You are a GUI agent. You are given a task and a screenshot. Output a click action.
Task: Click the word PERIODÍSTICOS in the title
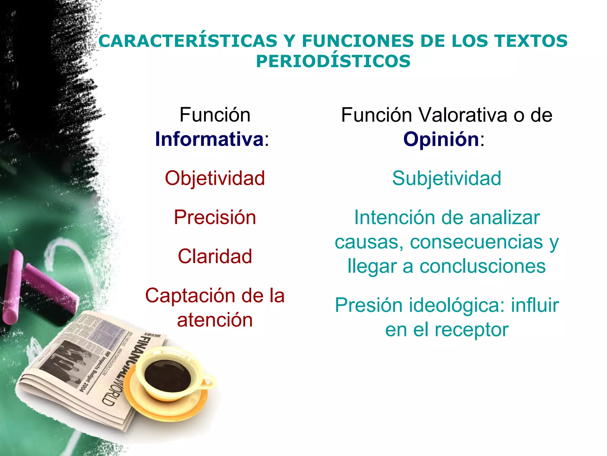pos(333,61)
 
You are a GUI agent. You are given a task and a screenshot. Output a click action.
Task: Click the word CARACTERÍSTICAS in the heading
pos(188,41)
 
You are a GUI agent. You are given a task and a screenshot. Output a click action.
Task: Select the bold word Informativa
pos(209,139)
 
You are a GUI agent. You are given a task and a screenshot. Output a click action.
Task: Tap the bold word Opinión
pos(441,139)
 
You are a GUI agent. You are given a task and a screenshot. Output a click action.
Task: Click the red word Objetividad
pos(215,178)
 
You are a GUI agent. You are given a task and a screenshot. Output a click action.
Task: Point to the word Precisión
pos(215,217)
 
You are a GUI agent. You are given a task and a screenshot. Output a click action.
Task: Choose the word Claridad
pos(215,256)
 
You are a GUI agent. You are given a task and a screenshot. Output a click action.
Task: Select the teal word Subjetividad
pos(447,178)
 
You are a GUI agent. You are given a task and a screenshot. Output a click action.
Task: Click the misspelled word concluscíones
pos(482,266)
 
